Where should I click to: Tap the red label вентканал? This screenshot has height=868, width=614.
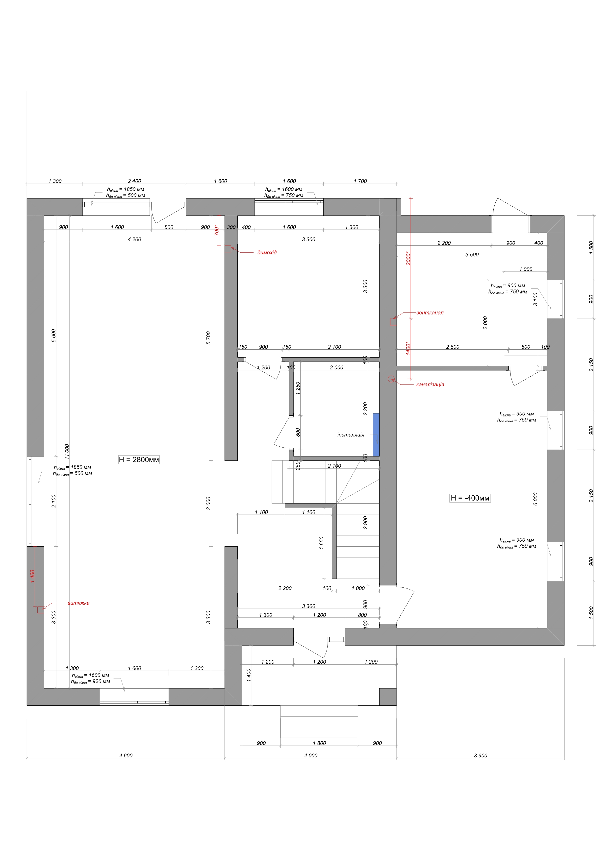[430, 313]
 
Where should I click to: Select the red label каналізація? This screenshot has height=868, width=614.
[430, 385]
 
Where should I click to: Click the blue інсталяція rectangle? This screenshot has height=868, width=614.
[376, 435]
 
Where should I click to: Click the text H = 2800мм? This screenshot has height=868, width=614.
[139, 460]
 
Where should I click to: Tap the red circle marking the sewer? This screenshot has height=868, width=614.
[391, 379]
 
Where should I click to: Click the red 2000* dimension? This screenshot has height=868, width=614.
[408, 258]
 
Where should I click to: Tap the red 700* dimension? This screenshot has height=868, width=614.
[217, 230]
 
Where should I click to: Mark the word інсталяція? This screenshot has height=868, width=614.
[351, 435]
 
